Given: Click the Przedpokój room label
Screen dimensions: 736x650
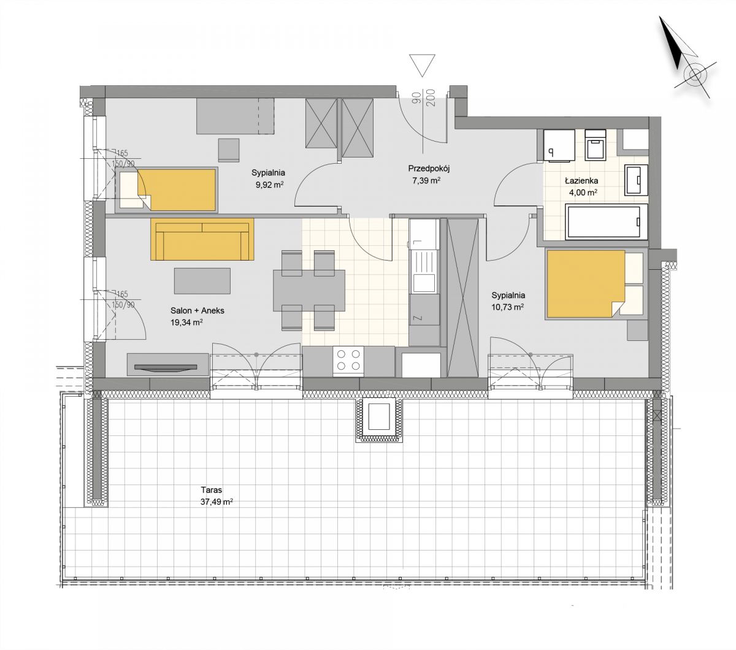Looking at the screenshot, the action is (429, 169).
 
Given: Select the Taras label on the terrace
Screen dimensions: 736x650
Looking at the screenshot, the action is (212, 489).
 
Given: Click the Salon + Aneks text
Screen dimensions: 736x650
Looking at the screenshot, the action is (197, 311).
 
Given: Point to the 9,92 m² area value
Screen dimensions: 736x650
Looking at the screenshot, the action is (269, 185).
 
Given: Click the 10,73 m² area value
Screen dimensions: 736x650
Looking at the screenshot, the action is (507, 307).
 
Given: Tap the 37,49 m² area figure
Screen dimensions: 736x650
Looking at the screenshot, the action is (217, 502).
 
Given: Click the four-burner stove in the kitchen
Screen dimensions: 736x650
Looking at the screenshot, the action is (348, 360).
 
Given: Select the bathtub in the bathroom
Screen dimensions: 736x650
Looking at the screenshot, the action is (607, 222).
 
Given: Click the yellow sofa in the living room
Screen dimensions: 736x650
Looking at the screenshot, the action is (202, 239).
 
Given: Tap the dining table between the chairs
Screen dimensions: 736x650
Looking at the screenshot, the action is (309, 290).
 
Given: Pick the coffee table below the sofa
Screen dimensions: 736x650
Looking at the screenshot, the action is (202, 281).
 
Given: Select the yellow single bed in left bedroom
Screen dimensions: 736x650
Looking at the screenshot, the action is (177, 189).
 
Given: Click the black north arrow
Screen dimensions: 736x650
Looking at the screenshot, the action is (672, 44).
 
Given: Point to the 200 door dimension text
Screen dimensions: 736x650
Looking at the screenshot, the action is (432, 99).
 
